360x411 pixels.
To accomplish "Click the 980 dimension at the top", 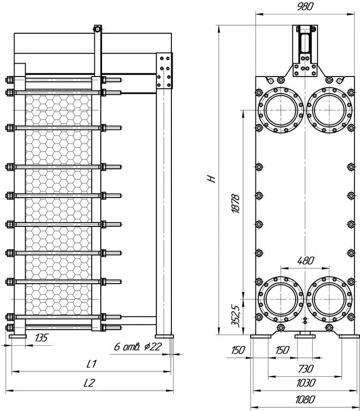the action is tap(305, 6).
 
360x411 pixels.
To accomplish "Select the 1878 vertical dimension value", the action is tap(236, 204).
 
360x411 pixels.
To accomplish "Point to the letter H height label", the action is tap(212, 179).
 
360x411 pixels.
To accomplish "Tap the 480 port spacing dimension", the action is tap(305, 261).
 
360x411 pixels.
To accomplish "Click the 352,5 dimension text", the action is tap(235, 316).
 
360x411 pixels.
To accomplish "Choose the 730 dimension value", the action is tap(306, 369).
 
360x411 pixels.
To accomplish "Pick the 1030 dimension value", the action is tap(306, 383).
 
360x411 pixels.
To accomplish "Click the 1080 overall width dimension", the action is tap(305, 400).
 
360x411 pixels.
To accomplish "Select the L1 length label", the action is tap(92, 363).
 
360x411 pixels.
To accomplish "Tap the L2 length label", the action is tap(89, 383).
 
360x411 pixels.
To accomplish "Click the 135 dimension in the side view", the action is tap(41, 338).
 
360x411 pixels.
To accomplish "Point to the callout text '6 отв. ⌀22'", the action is tap(138, 347).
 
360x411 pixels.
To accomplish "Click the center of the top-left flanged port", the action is tap(281, 110).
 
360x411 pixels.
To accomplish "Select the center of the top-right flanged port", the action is tap(329, 110).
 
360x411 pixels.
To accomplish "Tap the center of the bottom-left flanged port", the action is tap(281, 299).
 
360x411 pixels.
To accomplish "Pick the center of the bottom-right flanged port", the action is tap(329, 299).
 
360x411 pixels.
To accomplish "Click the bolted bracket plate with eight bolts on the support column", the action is tap(164, 71).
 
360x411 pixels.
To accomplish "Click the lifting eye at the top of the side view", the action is tap(97, 28).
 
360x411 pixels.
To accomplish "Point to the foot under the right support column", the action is tap(164, 336).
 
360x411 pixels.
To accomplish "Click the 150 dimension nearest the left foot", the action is tap(238, 350).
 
